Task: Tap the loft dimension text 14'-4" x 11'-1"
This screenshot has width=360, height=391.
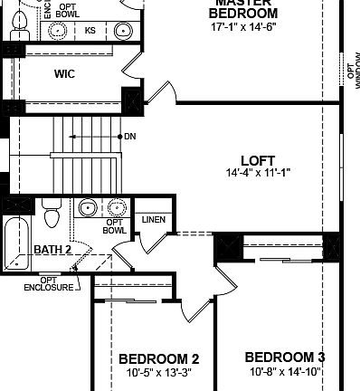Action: click(x=258, y=172)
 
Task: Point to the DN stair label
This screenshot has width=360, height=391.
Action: click(x=130, y=138)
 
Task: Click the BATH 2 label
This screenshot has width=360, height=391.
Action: click(x=52, y=249)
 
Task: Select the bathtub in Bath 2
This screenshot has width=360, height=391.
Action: click(x=15, y=243)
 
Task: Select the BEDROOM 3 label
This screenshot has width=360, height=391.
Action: click(x=284, y=356)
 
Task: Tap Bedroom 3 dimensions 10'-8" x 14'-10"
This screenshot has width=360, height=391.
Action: click(x=284, y=371)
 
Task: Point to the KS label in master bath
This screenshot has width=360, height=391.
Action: click(x=90, y=31)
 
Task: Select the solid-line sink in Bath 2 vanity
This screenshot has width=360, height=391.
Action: click(x=89, y=208)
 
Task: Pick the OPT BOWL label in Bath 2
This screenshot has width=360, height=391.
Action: click(x=115, y=225)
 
